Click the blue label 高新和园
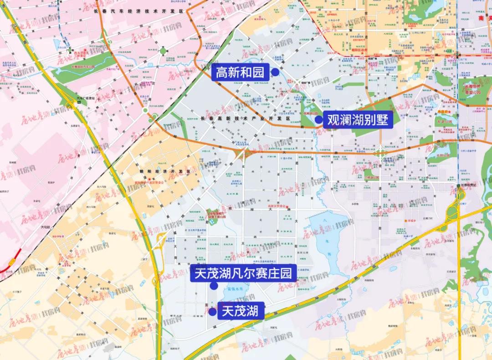[x=240, y=72]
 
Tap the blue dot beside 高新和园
[x=275, y=72]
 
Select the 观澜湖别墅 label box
[x=358, y=120]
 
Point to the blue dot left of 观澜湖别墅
[x=318, y=120]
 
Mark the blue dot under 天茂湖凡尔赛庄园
[x=213, y=286]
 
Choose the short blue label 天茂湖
[x=241, y=312]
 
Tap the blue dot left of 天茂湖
[x=212, y=312]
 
